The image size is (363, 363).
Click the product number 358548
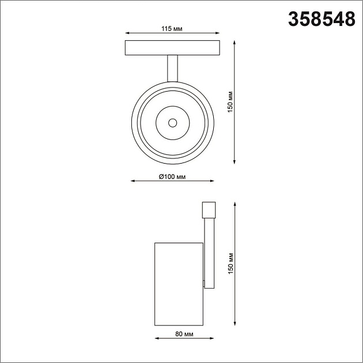pos(321,20)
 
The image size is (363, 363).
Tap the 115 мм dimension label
pos(172,29)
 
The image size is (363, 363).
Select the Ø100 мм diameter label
pos(172,176)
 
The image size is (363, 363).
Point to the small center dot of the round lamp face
pos(172,122)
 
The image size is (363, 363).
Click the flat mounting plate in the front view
pos(172,48)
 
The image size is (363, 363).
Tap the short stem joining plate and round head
pos(172,69)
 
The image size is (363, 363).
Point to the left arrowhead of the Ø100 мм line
pos(133,181)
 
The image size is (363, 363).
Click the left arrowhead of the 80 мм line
pos(156,339)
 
